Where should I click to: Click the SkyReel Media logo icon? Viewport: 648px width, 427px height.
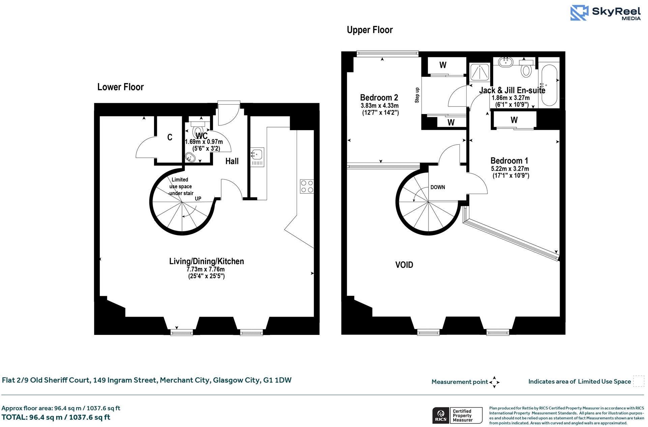pyautogui.click(x=579, y=13)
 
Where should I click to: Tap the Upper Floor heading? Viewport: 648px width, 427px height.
pyautogui.click(x=370, y=30)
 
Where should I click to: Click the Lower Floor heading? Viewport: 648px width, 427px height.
pyautogui.click(x=120, y=87)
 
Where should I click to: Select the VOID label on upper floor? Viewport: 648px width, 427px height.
pyautogui.click(x=404, y=265)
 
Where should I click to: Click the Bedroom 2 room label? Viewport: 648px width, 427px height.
pyautogui.click(x=379, y=98)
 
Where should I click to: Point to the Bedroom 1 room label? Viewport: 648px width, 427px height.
pyautogui.click(x=509, y=161)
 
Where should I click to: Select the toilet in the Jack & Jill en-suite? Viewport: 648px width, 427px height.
pyautogui.click(x=526, y=70)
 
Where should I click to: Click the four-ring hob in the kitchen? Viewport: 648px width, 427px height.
pyautogui.click(x=306, y=187)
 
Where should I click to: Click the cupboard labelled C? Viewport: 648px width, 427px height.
pyautogui.click(x=170, y=137)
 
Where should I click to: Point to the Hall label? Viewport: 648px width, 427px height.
pyautogui.click(x=232, y=161)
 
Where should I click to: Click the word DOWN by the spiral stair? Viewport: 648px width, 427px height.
pyautogui.click(x=437, y=187)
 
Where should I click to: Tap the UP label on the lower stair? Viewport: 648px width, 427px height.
pyautogui.click(x=198, y=199)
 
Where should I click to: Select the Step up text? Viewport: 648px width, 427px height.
pyautogui.click(x=417, y=95)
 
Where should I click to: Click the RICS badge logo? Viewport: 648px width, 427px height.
pyautogui.click(x=440, y=415)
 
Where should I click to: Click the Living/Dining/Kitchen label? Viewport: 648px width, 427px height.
pyautogui.click(x=206, y=261)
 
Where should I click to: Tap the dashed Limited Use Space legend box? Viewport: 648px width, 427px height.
pyautogui.click(x=638, y=381)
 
